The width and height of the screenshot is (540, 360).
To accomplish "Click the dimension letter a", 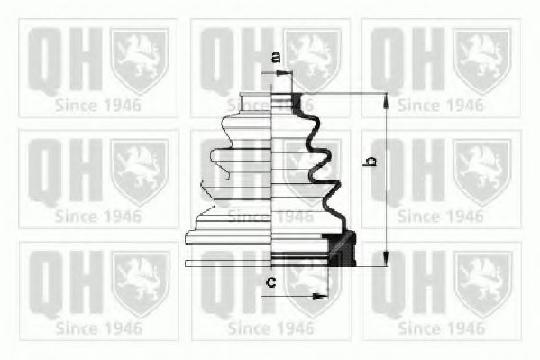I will click(x=276, y=59).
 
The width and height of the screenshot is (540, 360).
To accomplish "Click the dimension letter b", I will click(x=369, y=162).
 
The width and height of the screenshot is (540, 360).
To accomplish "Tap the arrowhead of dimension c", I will click(x=321, y=294).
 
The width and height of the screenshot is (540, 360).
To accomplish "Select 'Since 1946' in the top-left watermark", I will click(x=97, y=105).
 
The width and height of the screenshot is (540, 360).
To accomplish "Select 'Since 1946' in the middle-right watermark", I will click(x=441, y=217).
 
